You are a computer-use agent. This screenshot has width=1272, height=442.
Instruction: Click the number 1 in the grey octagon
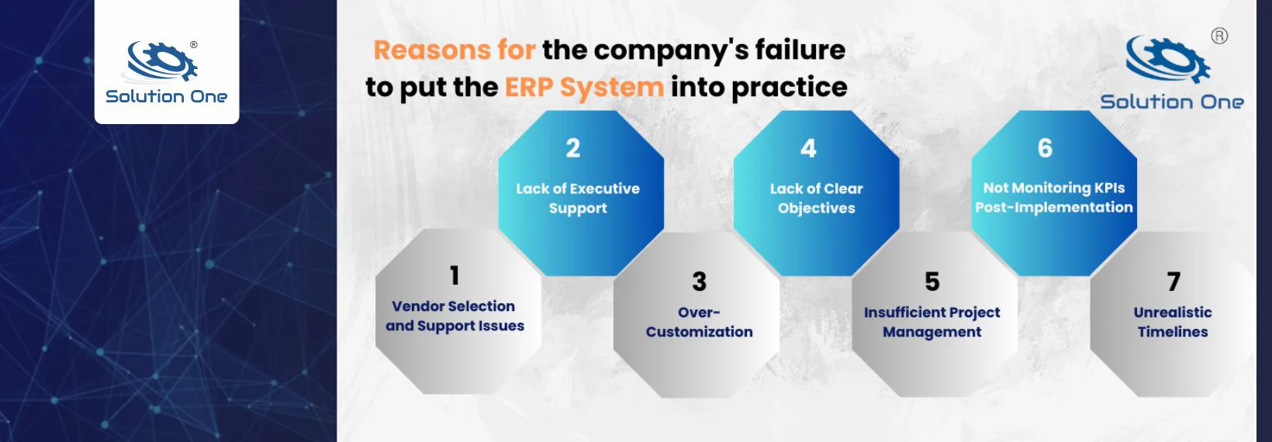point(455,276)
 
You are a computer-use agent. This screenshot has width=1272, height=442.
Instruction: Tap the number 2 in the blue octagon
point(573,148)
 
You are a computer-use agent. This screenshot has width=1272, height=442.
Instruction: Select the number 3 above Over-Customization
point(699,281)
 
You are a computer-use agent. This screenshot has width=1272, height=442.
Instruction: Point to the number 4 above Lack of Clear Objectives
point(808,149)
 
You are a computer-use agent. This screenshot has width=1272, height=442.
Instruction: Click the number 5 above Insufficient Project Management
point(932,281)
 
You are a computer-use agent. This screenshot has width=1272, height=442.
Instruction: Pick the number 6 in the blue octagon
point(1045,148)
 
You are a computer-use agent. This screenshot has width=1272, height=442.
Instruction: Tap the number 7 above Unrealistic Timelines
point(1173,281)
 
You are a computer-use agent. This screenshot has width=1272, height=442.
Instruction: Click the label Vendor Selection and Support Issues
point(455,316)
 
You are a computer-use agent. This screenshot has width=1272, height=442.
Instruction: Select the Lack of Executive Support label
point(578,199)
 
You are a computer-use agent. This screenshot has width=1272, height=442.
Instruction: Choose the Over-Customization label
point(699,323)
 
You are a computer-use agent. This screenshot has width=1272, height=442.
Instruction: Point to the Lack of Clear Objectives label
point(816,199)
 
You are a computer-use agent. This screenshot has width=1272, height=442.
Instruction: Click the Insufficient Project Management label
point(932,323)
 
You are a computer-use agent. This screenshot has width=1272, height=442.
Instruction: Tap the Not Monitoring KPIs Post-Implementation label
point(1054,198)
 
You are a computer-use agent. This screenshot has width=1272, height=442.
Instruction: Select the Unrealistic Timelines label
point(1173,323)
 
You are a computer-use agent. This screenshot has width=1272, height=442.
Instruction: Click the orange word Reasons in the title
point(432,50)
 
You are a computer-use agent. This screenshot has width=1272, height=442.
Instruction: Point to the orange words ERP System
point(584,88)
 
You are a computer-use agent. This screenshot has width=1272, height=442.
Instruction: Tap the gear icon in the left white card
point(162,61)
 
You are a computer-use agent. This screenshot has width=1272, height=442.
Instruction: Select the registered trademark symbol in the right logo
point(1220,36)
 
